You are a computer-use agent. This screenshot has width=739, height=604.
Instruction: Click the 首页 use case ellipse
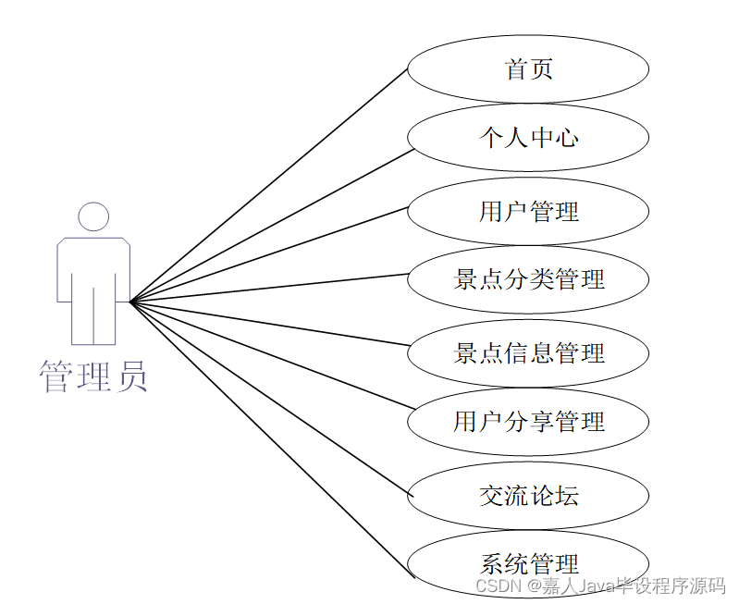528,69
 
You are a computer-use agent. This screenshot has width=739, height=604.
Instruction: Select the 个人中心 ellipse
528,138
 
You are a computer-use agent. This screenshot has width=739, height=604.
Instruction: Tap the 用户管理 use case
528,212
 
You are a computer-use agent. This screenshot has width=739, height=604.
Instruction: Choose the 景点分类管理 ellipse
528,279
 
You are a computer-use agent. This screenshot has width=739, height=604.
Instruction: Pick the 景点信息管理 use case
528,352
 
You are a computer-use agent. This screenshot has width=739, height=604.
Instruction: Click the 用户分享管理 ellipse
528,422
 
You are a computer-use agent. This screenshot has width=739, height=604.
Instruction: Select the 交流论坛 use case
528,496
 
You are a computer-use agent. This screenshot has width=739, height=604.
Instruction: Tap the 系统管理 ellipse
528,563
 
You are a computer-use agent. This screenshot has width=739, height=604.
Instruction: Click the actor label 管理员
92,377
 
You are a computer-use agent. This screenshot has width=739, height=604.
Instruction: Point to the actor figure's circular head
93,216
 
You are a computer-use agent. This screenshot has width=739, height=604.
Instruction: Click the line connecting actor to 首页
269,185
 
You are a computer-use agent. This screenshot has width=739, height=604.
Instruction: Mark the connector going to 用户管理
269,253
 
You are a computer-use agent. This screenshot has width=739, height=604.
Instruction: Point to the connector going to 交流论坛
269,398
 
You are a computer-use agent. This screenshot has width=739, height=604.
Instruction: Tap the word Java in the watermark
601,586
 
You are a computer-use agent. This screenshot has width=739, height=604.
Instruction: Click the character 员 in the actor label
130,377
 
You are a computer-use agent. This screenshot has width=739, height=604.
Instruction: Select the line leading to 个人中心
269,225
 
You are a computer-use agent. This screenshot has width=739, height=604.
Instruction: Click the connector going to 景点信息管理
269,323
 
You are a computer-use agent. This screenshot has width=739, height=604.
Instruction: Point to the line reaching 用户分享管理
269,354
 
